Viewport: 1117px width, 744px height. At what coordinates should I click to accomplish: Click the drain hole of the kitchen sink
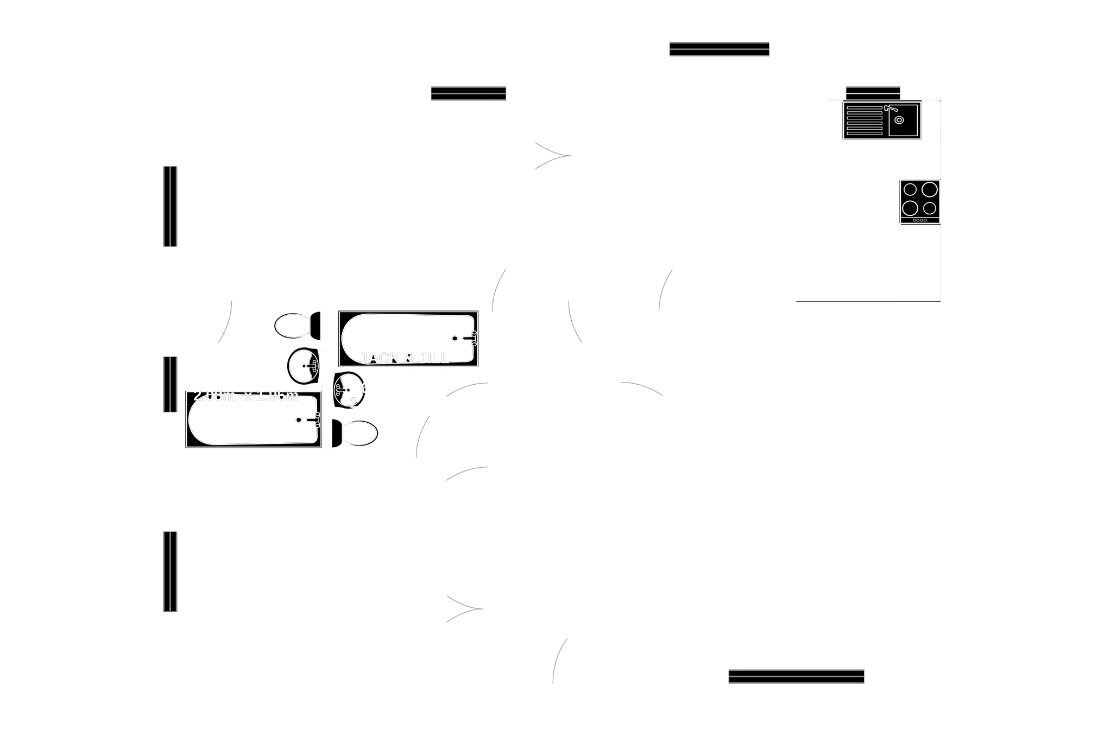click(x=899, y=120)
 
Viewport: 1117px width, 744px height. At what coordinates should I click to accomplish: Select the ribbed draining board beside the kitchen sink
click(x=864, y=120)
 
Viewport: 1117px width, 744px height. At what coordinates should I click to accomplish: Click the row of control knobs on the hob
click(x=919, y=220)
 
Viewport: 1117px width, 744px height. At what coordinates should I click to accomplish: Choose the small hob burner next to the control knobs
click(x=930, y=208)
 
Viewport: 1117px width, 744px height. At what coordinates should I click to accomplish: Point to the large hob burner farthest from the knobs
click(x=930, y=189)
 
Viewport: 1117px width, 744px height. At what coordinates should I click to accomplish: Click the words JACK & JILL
click(x=405, y=358)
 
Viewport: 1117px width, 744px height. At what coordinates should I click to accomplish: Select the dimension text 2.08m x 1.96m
click(x=246, y=396)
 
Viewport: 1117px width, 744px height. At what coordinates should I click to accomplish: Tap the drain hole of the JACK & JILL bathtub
click(x=455, y=339)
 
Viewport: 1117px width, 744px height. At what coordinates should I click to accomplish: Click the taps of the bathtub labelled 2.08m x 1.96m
click(x=316, y=420)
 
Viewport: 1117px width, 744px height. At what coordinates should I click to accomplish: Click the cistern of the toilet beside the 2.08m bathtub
click(x=337, y=433)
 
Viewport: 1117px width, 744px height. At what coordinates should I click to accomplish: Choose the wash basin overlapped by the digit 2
click(x=348, y=390)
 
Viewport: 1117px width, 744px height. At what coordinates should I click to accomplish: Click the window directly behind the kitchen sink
click(x=873, y=91)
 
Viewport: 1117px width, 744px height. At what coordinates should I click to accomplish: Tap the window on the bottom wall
click(x=796, y=677)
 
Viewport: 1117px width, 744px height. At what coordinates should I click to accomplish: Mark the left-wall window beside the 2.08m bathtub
click(x=169, y=384)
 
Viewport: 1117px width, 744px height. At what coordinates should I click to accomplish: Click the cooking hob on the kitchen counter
click(x=918, y=202)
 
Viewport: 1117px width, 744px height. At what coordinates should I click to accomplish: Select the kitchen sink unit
click(x=881, y=121)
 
